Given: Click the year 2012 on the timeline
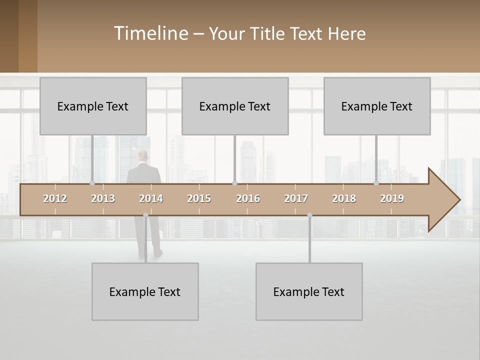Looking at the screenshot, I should [55, 198].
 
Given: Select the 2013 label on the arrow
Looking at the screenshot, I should [103, 198].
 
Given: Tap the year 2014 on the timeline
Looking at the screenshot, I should [151, 198].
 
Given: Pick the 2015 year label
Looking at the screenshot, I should [199, 198].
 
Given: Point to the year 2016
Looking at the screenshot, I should [248, 198].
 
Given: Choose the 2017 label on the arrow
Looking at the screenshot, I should [296, 198].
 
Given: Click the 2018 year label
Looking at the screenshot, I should [344, 198].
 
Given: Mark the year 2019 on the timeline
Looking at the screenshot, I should [392, 198].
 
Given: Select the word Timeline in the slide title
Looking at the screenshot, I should [151, 33].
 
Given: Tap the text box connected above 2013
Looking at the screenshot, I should [93, 106].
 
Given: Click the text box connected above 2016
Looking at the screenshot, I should [235, 106].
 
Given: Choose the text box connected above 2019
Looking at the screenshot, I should [377, 106].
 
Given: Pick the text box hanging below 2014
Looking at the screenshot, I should [145, 291].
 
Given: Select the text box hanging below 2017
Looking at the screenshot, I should [309, 291].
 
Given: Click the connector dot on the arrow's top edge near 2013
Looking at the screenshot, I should [92, 183].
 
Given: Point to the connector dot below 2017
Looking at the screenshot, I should [309, 215].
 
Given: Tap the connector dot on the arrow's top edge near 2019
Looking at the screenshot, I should [376, 183].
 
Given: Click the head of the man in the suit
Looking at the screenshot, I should [143, 156].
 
